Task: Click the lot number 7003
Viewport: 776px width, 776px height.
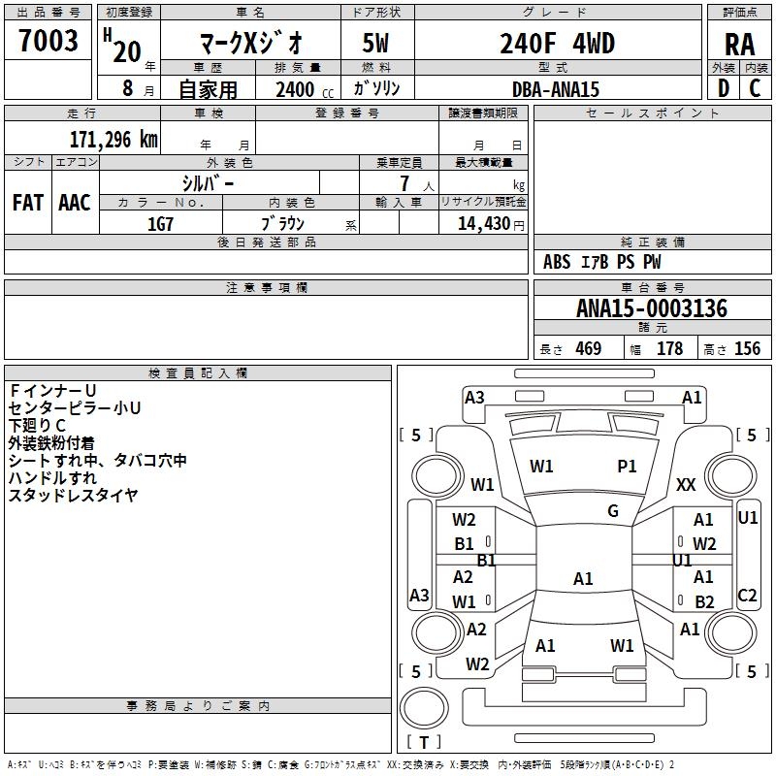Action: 48,42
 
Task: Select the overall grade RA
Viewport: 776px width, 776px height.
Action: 739,44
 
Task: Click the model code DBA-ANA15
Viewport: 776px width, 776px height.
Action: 556,89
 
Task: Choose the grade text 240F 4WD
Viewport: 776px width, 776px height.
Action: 557,44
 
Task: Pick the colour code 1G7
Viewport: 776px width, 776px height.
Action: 160,223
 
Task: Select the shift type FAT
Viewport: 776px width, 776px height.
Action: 27,203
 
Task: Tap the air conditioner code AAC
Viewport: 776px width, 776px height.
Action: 75,203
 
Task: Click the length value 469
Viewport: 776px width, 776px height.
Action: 589,349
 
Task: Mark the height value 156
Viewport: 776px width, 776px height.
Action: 747,349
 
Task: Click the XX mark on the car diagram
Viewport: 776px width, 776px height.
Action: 686,484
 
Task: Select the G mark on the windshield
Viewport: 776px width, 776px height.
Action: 613,510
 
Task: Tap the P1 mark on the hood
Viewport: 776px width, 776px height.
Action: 628,467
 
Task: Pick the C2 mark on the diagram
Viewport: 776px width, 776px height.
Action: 747,596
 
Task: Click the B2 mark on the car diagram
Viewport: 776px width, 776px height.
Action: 704,601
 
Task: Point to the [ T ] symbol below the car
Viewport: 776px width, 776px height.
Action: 424,743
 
